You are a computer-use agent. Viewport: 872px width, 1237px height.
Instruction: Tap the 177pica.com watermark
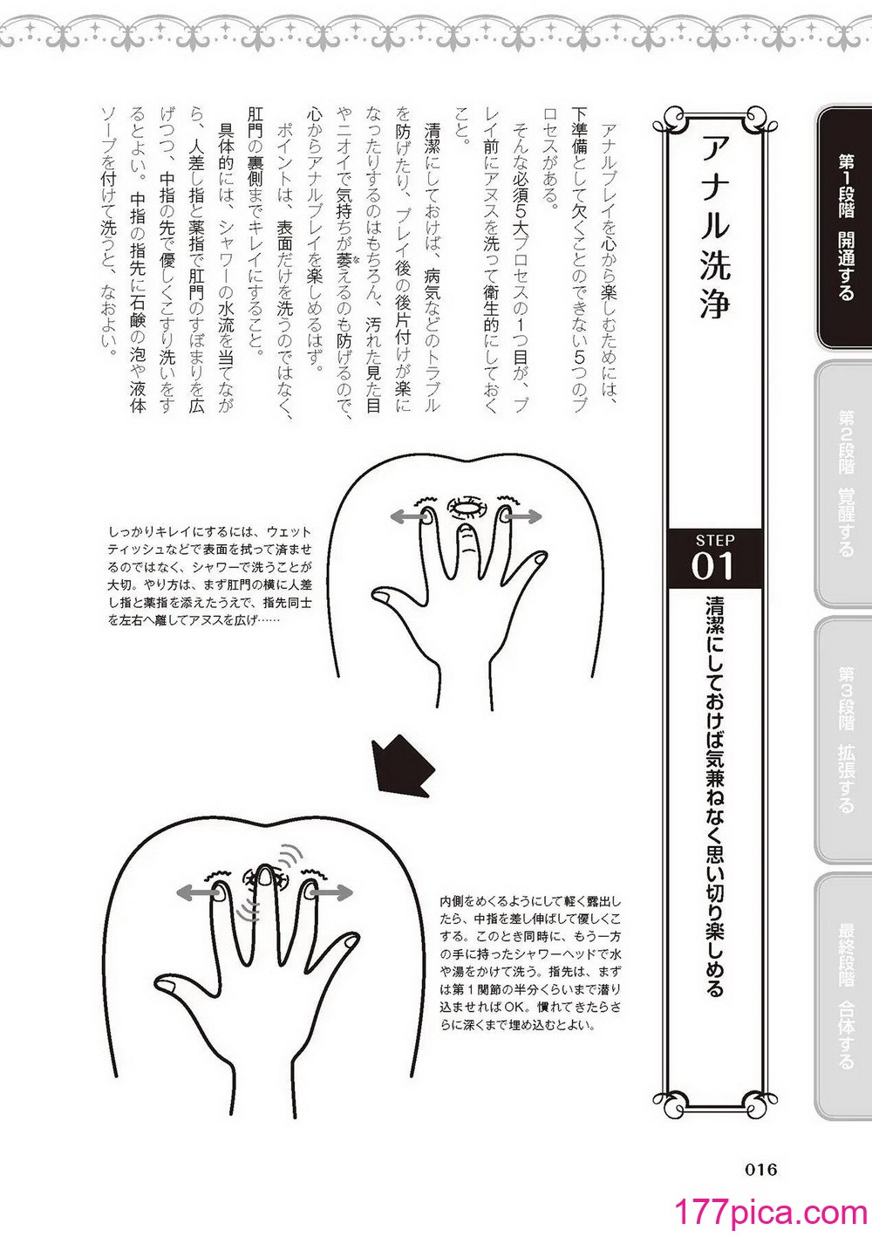772,1213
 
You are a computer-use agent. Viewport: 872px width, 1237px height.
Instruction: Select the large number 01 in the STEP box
712,566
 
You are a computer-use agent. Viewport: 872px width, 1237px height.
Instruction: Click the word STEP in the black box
715,539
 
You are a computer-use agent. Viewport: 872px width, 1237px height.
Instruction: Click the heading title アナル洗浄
715,226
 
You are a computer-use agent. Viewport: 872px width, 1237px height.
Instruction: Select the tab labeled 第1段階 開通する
844,228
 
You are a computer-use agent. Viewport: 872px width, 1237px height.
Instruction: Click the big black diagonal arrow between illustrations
403,768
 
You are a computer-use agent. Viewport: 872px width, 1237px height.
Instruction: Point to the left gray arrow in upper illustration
409,516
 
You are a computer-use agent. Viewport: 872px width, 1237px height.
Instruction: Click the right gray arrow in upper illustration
522,516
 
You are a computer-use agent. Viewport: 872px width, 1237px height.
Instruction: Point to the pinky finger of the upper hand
528,571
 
